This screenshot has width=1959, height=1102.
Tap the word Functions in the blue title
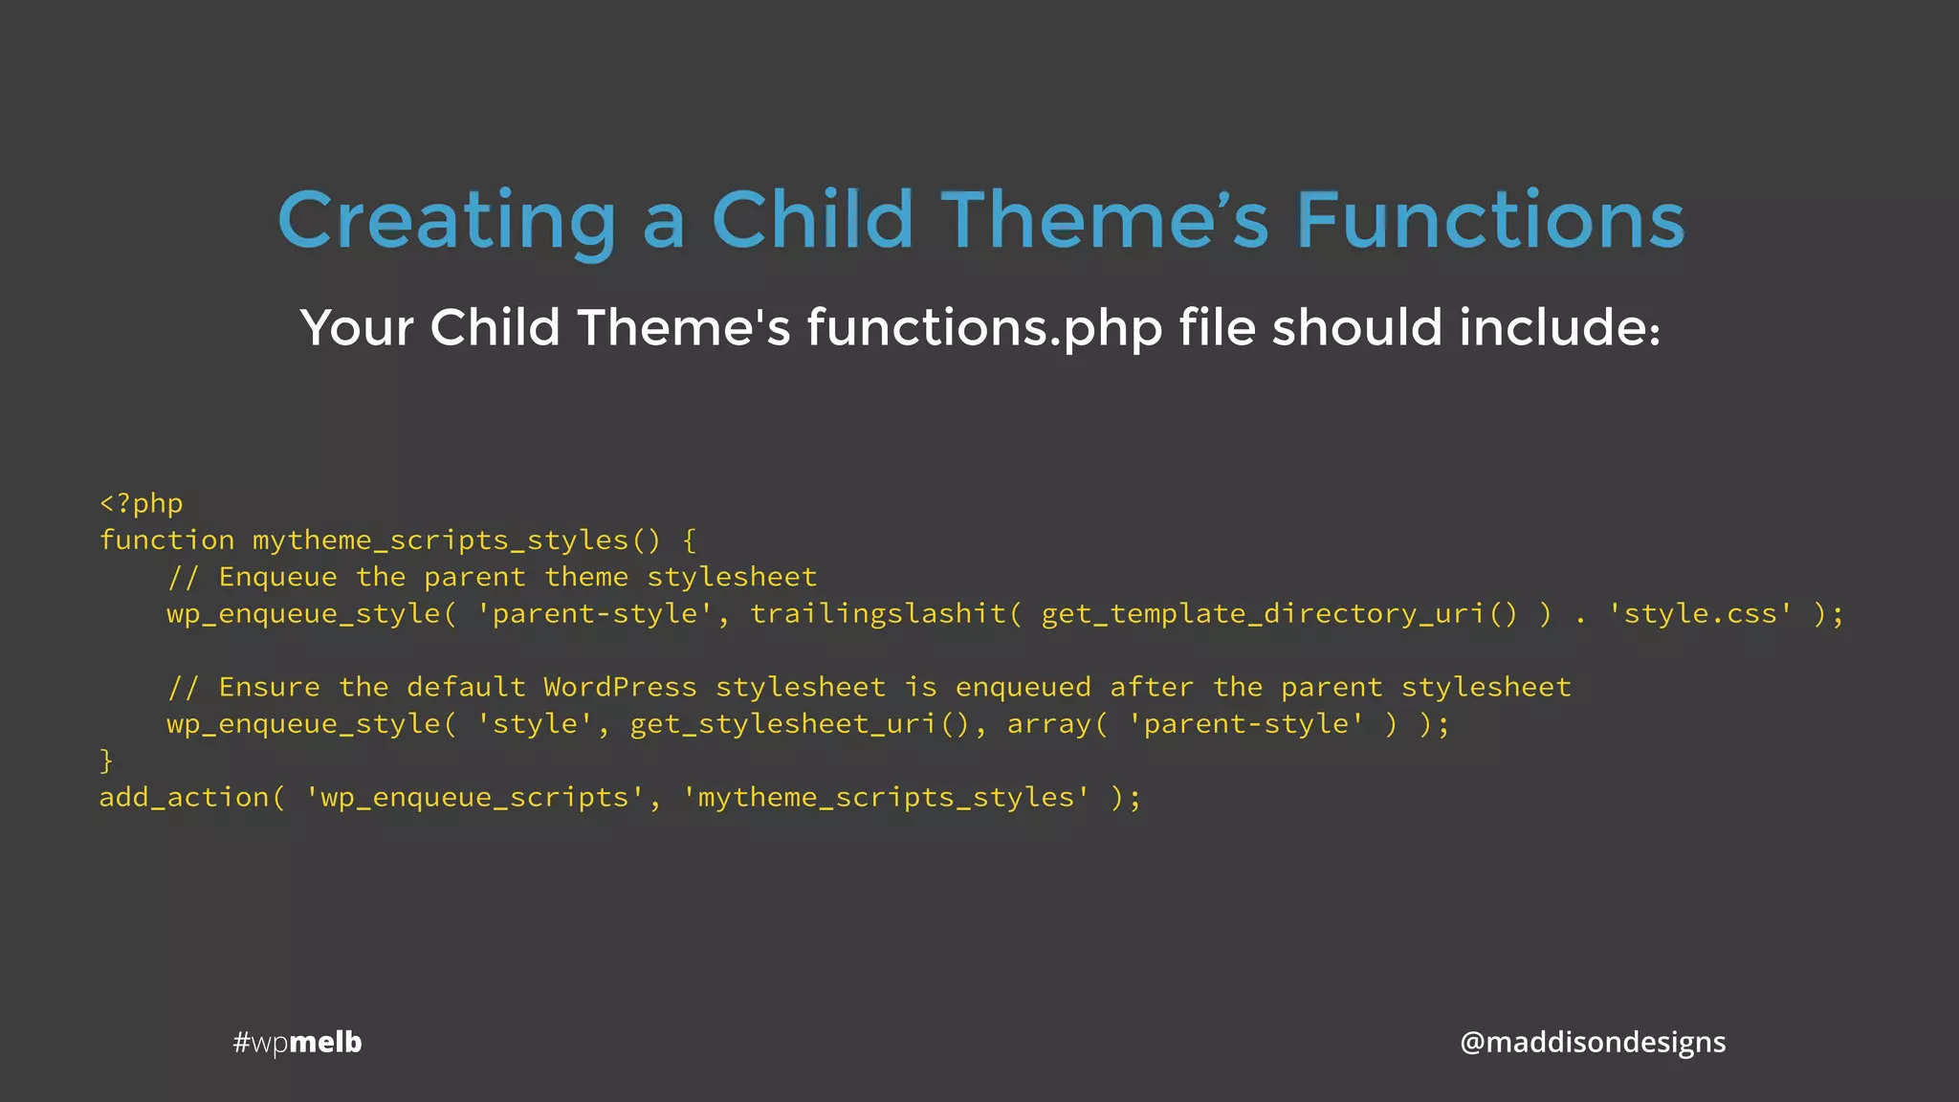(1489, 221)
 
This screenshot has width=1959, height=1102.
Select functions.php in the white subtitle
(984, 328)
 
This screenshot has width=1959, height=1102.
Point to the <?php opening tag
(141, 504)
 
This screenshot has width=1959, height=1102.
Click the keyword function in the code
(166, 540)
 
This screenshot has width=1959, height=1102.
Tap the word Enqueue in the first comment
(277, 578)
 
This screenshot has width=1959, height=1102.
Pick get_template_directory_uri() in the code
(1279, 614)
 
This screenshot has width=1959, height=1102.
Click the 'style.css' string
(1700, 614)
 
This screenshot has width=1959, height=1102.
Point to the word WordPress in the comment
(620, 688)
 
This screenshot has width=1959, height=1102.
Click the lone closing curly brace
(106, 760)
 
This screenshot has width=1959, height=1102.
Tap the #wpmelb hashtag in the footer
(297, 1042)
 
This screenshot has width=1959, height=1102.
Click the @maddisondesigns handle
(1592, 1042)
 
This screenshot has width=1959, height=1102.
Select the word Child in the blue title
(812, 221)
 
